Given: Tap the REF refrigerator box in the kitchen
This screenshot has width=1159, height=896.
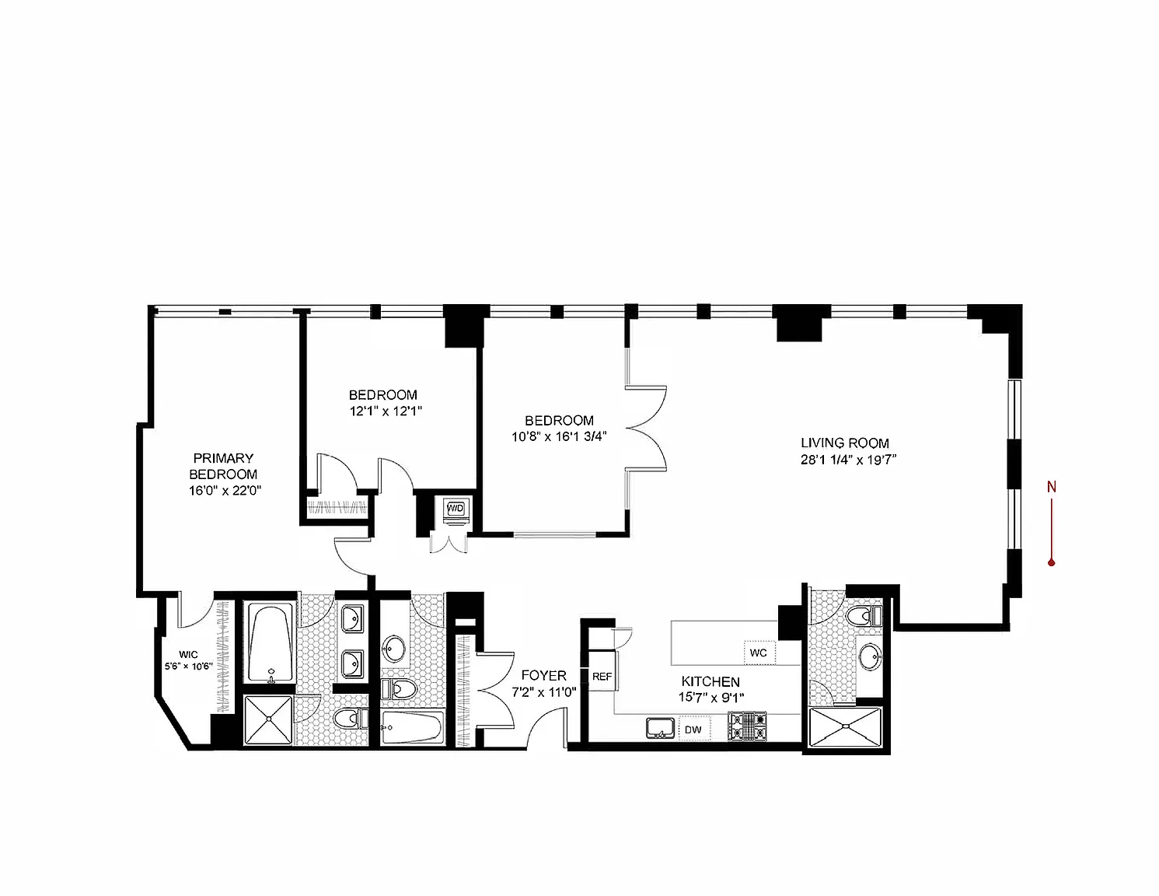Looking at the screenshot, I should [x=602, y=677].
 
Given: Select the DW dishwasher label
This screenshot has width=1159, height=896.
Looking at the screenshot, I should [x=693, y=730].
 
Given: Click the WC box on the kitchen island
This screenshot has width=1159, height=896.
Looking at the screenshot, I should [x=759, y=653].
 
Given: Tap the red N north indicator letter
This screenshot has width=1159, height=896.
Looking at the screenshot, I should [x=1051, y=488].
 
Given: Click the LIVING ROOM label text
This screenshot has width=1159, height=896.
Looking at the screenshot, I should [x=845, y=443].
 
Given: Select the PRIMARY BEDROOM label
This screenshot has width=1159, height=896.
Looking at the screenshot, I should [x=223, y=466].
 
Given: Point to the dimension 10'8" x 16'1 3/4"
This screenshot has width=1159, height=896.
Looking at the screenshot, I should [x=558, y=436].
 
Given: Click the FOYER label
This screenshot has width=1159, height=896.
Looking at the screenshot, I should [x=543, y=675].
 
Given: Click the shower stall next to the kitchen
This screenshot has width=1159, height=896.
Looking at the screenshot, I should [x=847, y=729].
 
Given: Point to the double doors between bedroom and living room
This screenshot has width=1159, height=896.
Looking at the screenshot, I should [x=647, y=428].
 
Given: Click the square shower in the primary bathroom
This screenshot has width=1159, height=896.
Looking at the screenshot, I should [x=269, y=720].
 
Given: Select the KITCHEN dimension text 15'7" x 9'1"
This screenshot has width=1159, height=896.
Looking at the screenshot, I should [x=710, y=698].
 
